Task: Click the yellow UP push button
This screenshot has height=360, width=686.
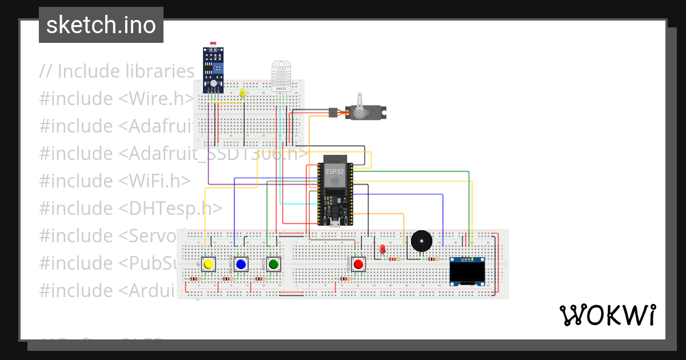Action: pyautogui.click(x=209, y=264)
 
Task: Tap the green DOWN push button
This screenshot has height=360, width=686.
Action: pyautogui.click(x=273, y=264)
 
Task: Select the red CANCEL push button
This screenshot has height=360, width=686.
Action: pyautogui.click(x=358, y=264)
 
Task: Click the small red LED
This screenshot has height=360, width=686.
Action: pyautogui.click(x=382, y=249)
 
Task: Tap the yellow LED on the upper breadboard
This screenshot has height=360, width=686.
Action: pyautogui.click(x=242, y=93)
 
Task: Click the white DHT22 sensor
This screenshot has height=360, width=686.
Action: pyautogui.click(x=281, y=77)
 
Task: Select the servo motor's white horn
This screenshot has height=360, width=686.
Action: pyautogui.click(x=360, y=109)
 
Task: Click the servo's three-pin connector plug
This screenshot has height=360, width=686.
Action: pyautogui.click(x=332, y=113)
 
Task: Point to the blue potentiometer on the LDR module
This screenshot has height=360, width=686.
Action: pyautogui.click(x=218, y=68)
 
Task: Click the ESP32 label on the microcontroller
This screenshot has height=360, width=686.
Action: pyautogui.click(x=335, y=171)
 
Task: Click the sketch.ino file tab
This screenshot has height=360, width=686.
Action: pyautogui.click(x=101, y=25)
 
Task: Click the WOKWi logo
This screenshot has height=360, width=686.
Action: pyautogui.click(x=607, y=315)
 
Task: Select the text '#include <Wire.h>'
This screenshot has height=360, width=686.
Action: pyautogui.click(x=117, y=99)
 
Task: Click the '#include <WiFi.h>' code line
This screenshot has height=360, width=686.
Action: pyautogui.click(x=114, y=181)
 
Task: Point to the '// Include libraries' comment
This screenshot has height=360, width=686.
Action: pyautogui.click(x=117, y=71)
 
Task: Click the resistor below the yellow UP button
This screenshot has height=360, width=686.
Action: pyautogui.click(x=195, y=279)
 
